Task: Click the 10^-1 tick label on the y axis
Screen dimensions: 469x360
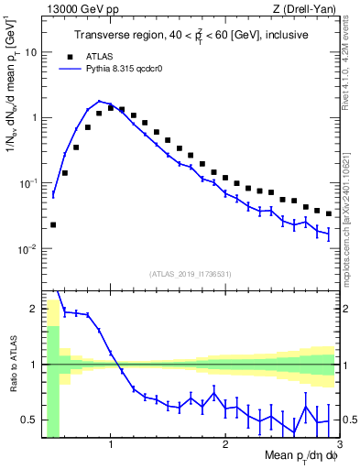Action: point(27,183)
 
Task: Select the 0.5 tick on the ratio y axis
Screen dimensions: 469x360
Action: point(30,420)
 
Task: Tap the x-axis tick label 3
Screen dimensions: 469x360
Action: point(338,445)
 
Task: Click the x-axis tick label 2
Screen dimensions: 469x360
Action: point(224,445)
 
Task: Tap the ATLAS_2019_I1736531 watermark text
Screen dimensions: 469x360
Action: point(190,274)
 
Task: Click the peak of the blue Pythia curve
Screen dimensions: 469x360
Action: point(99,101)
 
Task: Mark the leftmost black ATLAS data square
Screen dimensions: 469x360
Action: point(53,224)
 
